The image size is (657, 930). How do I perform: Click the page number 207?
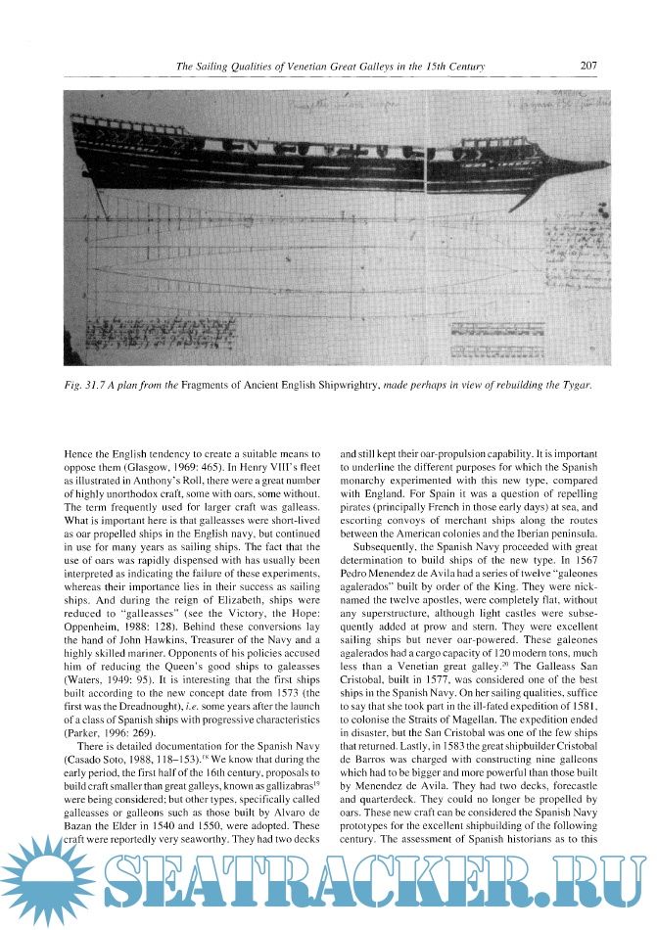(588, 67)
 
